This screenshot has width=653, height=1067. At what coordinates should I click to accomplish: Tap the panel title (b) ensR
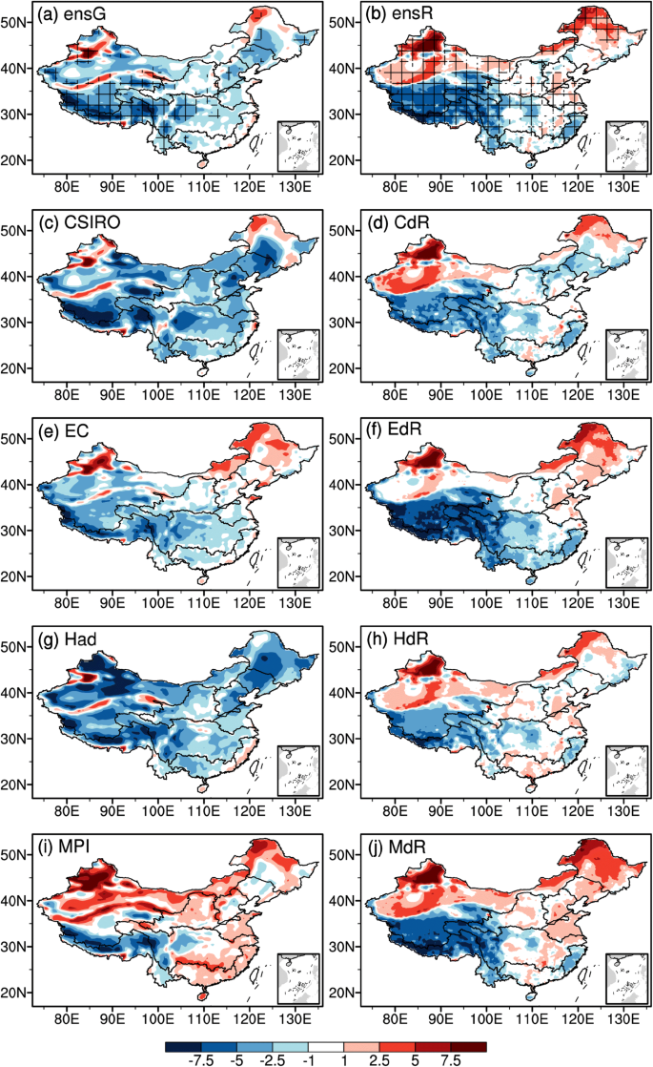[x=398, y=17]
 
